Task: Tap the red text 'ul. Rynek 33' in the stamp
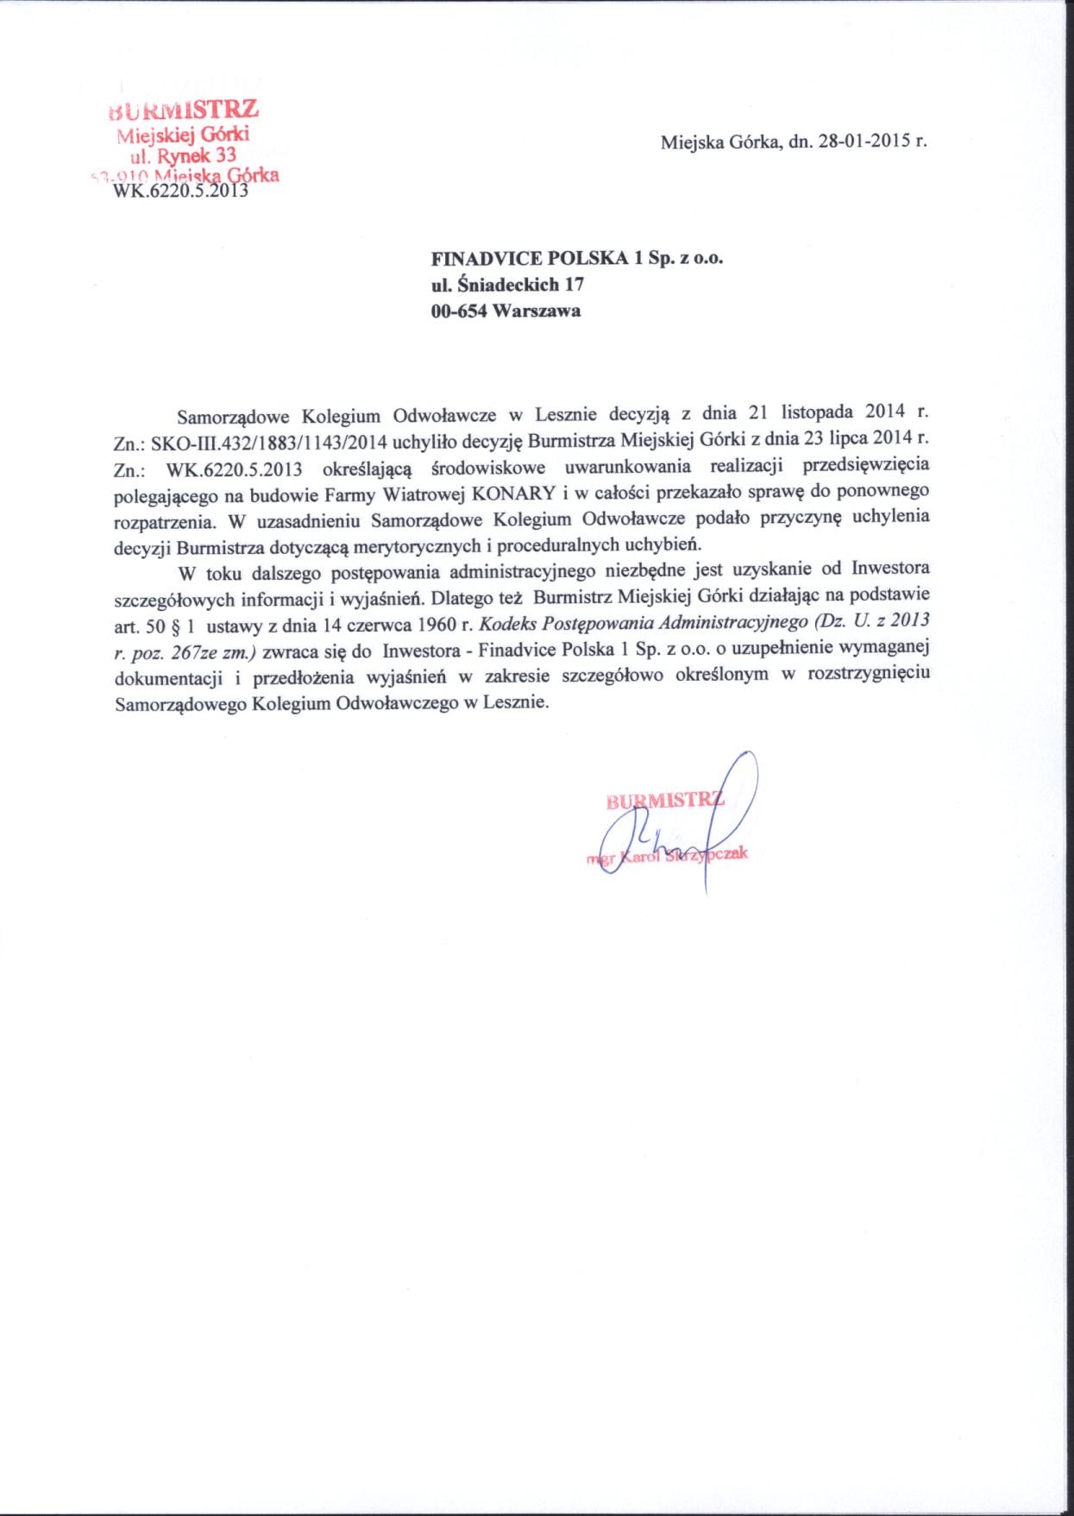click(182, 155)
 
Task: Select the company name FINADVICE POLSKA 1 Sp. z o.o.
click(576, 257)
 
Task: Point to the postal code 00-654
click(459, 311)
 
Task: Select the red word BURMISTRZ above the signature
click(664, 800)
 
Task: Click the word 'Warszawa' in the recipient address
click(536, 311)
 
